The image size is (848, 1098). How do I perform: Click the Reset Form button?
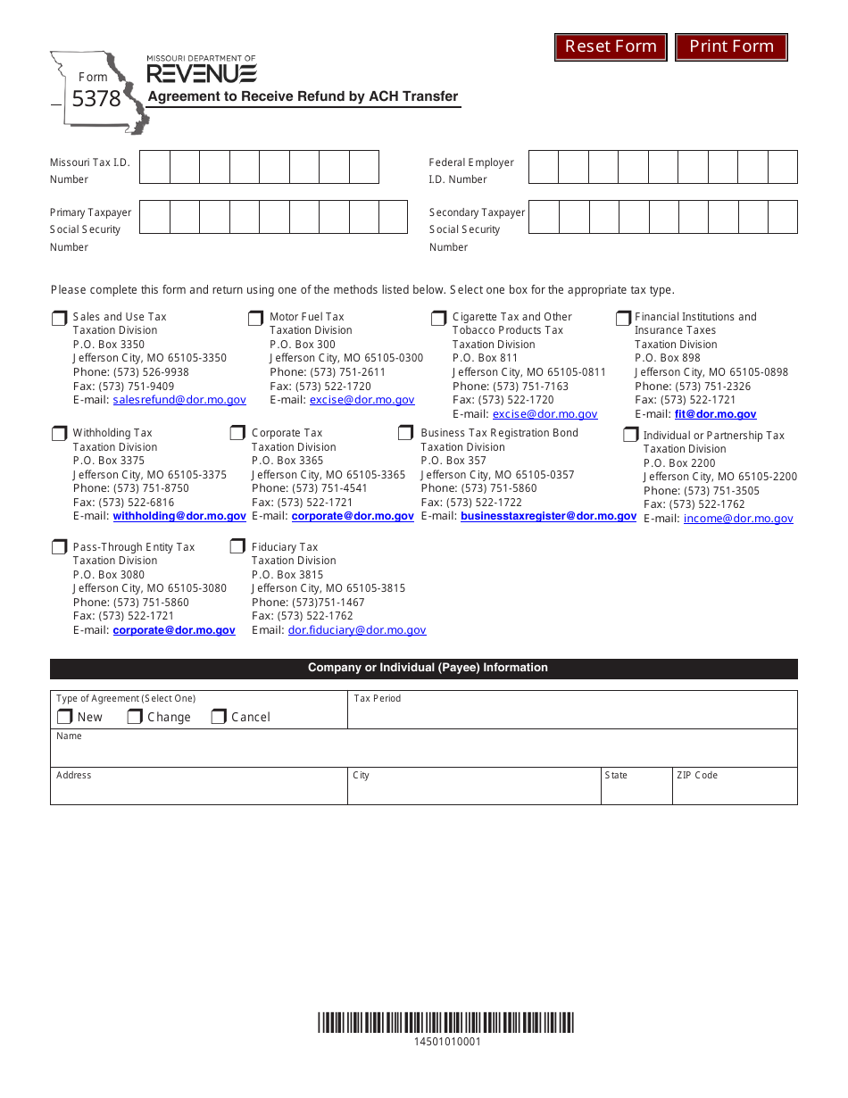click(611, 46)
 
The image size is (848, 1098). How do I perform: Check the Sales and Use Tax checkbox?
click(60, 319)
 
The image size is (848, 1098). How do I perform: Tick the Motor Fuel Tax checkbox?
click(255, 319)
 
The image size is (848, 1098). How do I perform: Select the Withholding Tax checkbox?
click(60, 434)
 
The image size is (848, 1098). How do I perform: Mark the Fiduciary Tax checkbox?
click(237, 546)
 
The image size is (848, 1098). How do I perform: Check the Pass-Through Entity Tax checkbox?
click(60, 547)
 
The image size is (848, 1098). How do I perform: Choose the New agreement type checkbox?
click(65, 717)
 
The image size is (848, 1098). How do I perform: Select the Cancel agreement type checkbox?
click(219, 717)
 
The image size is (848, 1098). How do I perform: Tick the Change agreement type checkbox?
click(135, 717)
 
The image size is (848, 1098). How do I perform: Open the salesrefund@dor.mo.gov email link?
click(179, 401)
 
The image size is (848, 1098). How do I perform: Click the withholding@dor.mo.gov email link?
click(179, 516)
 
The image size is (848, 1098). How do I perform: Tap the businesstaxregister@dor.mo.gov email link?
click(548, 516)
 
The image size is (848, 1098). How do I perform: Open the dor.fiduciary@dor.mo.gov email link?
click(357, 630)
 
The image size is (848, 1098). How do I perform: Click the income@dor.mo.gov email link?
click(738, 519)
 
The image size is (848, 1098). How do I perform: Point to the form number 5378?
click(96, 99)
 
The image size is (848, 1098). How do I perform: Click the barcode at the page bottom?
click(446, 1023)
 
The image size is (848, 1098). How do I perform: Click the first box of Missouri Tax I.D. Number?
click(155, 167)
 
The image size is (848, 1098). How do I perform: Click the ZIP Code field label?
click(696, 776)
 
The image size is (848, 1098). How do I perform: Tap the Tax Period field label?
click(378, 699)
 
